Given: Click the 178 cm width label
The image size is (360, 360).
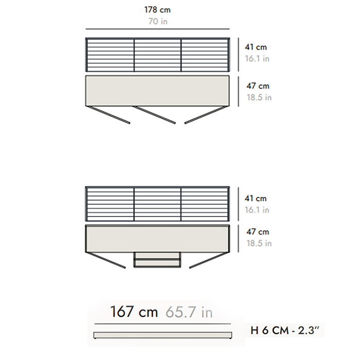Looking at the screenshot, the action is pyautogui.click(x=157, y=10).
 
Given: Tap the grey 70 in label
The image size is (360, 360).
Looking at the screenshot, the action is pyautogui.click(x=158, y=22).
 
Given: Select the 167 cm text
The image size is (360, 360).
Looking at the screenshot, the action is pyautogui.click(x=134, y=312).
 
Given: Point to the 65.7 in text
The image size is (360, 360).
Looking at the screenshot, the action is pyautogui.click(x=189, y=312).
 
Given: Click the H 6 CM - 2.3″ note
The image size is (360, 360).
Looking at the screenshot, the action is pyautogui.click(x=285, y=330).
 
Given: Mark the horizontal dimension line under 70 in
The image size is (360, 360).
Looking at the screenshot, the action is pyautogui.click(x=157, y=29).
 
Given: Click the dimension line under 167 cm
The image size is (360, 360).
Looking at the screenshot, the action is pyautogui.click(x=163, y=324).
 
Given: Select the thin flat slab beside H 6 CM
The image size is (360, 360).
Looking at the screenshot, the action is pyautogui.click(x=163, y=335).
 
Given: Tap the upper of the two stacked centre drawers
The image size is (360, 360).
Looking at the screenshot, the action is pyautogui.click(x=157, y=255).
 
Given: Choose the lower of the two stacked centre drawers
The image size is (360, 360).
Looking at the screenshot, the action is pyautogui.click(x=157, y=263).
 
